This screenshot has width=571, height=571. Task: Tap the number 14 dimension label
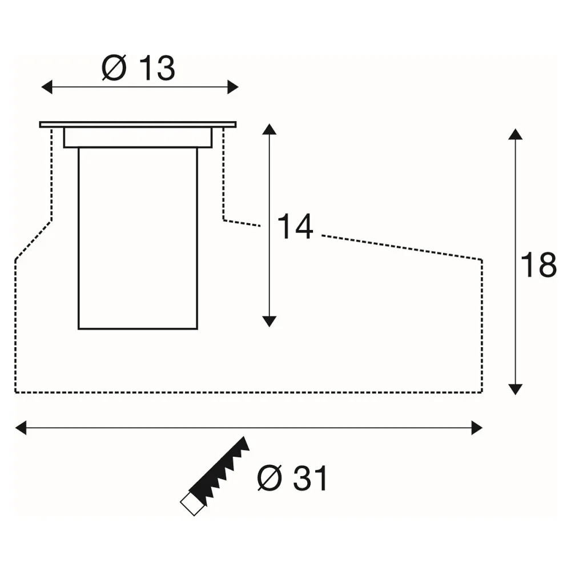[x=295, y=226]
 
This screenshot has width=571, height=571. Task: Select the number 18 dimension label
[x=538, y=264]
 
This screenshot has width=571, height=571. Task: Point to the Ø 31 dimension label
[x=292, y=478]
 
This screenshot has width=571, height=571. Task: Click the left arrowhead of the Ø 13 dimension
[x=47, y=87]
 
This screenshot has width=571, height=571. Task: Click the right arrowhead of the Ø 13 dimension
[x=233, y=87]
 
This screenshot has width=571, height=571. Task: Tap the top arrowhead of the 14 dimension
[x=269, y=129]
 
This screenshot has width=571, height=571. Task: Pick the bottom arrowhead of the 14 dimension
[x=269, y=321]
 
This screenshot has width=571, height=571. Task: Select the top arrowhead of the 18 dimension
[x=515, y=134]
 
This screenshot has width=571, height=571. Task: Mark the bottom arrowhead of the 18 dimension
[x=515, y=389]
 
